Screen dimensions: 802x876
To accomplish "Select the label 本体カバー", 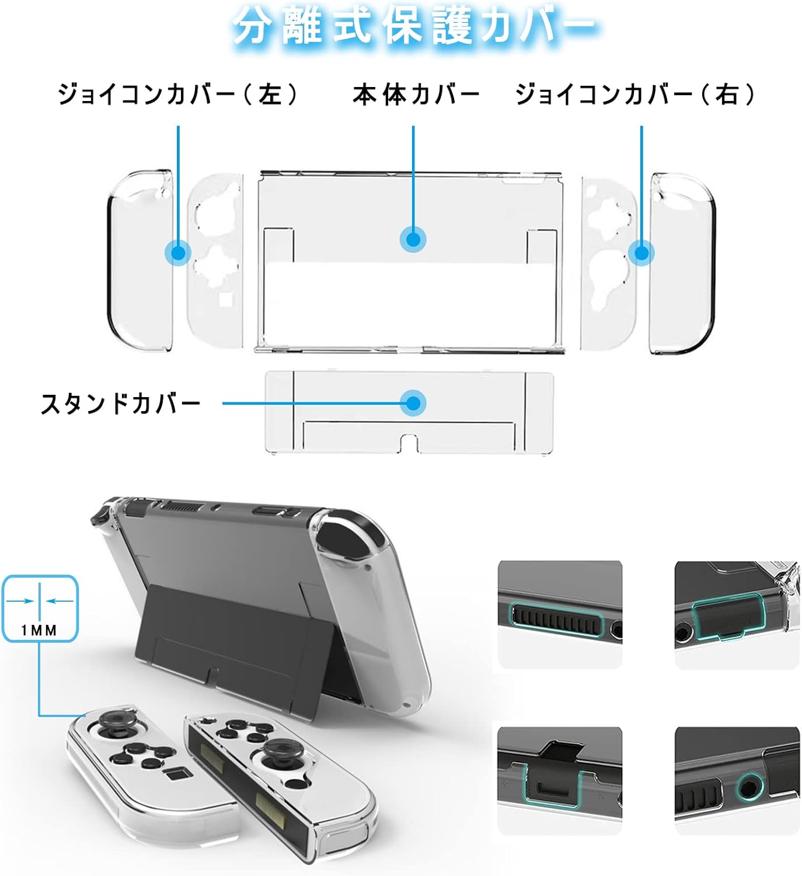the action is tap(416, 95).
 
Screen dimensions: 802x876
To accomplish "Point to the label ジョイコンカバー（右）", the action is tap(635, 95).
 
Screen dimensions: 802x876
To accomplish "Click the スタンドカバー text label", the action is tap(120, 403).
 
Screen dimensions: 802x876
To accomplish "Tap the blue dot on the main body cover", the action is tap(413, 239).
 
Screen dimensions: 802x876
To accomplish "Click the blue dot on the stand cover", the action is tap(413, 403).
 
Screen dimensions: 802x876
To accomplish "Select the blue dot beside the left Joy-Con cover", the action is tap(178, 253).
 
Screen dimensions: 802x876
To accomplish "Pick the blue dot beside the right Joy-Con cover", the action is tap(641, 253).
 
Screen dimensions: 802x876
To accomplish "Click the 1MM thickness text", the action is tap(39, 630).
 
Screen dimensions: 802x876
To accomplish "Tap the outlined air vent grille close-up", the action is tap(557, 619).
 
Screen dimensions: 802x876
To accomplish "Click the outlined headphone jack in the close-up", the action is tap(749, 787).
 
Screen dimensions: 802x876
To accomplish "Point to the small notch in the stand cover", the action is tap(408, 443).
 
